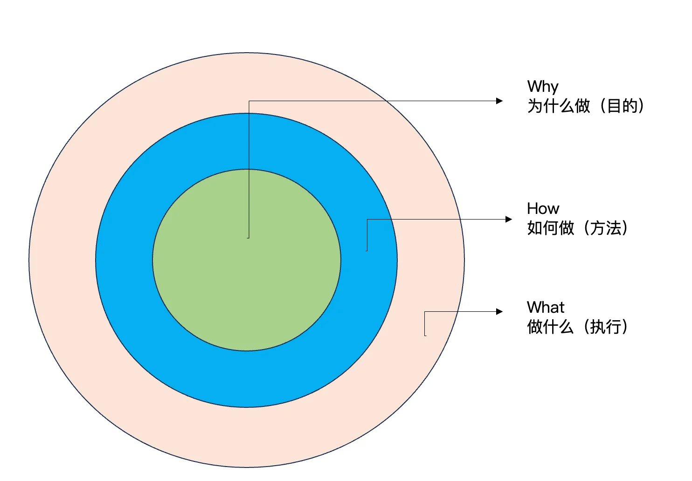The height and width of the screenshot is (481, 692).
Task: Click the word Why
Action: [543, 87]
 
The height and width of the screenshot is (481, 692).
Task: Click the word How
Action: [543, 208]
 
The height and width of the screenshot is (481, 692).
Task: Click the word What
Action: [545, 308]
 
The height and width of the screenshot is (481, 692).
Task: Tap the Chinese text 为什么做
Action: [559, 106]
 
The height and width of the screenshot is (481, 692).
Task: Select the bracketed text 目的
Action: [622, 106]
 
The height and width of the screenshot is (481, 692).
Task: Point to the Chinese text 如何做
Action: [551, 228]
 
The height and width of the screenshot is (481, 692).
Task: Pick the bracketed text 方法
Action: [606, 228]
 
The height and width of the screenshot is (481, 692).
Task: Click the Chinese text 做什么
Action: [551, 327]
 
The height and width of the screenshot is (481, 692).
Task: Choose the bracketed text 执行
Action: [606, 327]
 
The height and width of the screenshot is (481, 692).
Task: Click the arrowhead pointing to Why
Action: [499, 101]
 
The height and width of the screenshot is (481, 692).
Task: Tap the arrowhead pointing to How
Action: [509, 219]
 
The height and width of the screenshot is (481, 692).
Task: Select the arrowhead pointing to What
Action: [499, 311]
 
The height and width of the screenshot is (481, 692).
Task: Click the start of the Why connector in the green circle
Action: [249, 238]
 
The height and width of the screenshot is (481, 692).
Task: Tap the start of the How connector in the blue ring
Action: [367, 250]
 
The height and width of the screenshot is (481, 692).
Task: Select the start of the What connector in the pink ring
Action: [425, 335]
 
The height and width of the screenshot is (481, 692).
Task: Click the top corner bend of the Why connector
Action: [249, 101]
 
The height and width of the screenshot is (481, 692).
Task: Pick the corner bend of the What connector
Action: [425, 312]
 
